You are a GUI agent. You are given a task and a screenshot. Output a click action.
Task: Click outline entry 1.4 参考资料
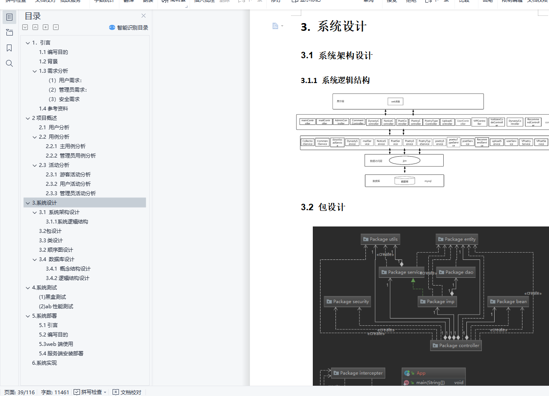(x=53, y=109)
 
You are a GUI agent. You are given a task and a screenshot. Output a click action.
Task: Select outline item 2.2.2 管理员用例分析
(x=77, y=156)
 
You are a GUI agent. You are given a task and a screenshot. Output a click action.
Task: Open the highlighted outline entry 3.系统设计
(x=45, y=203)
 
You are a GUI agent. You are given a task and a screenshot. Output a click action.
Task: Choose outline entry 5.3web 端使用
(x=56, y=344)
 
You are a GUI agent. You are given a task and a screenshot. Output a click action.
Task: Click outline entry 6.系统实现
(x=45, y=363)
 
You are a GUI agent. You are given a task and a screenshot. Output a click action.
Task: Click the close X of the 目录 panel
(x=144, y=16)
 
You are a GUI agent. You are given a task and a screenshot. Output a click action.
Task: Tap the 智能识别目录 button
(x=128, y=28)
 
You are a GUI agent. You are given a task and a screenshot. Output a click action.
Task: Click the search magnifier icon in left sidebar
(x=9, y=63)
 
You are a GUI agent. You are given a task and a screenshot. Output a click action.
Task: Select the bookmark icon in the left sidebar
(x=9, y=48)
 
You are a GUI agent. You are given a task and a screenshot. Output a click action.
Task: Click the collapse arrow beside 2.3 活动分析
(x=35, y=165)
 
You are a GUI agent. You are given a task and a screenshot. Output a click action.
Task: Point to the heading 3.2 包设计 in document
(x=323, y=207)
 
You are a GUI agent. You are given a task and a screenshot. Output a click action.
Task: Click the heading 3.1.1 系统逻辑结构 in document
(x=335, y=80)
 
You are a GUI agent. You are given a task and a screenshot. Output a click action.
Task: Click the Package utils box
(x=380, y=239)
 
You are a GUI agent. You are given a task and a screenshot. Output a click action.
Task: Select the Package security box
(x=347, y=301)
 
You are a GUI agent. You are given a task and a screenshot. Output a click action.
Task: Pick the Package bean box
(x=508, y=301)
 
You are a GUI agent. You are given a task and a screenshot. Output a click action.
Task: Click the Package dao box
(x=455, y=272)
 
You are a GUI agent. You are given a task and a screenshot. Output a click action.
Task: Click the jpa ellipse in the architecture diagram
(x=404, y=161)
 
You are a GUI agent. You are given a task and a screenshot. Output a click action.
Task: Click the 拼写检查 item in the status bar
(x=89, y=392)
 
